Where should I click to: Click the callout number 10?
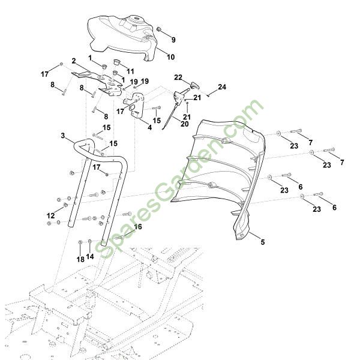pos(170,57)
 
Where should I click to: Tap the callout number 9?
pos(173,40)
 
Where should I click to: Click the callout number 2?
pos(73,61)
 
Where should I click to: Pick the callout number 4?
pos(150,127)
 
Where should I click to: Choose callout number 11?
pos(130,71)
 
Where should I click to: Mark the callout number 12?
pos(50,215)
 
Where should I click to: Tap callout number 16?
pos(137,227)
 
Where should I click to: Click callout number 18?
pos(80,259)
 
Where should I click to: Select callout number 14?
pos(91,257)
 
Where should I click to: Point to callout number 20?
pos(184,125)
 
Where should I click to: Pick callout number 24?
pos(222,87)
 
